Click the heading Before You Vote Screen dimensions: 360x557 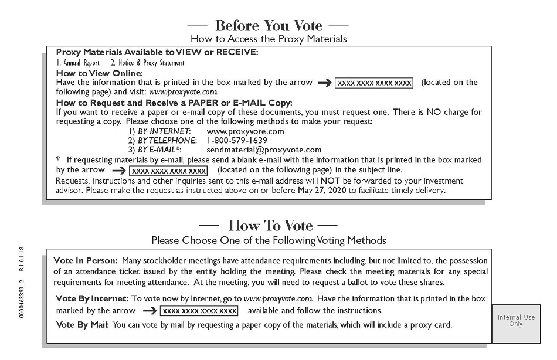269,26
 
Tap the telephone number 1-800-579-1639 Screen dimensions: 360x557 237,141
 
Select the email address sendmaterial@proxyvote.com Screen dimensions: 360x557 264,150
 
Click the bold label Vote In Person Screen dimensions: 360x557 85,260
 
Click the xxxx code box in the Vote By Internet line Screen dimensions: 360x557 199,311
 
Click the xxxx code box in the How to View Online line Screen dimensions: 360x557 374,83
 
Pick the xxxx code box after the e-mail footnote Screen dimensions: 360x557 169,171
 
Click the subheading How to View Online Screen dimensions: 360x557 99,73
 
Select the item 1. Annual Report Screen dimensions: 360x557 78,63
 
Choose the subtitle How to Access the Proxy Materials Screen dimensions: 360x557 269,39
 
